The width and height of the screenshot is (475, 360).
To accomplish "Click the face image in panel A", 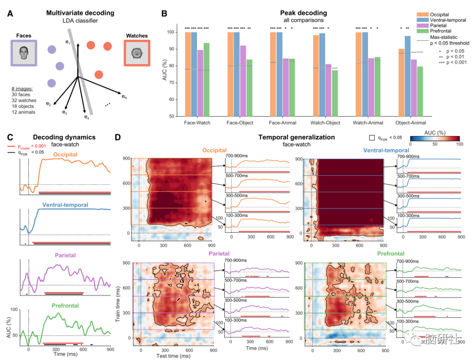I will pos(24,53).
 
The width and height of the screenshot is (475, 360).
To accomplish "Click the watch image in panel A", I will pos(137,53).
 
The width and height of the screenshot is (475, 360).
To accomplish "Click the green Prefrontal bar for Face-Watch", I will pos(206,79).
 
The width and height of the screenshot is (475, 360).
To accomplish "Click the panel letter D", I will pos(117,137).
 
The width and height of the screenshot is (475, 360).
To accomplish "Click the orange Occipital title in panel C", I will pos(66,154).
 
